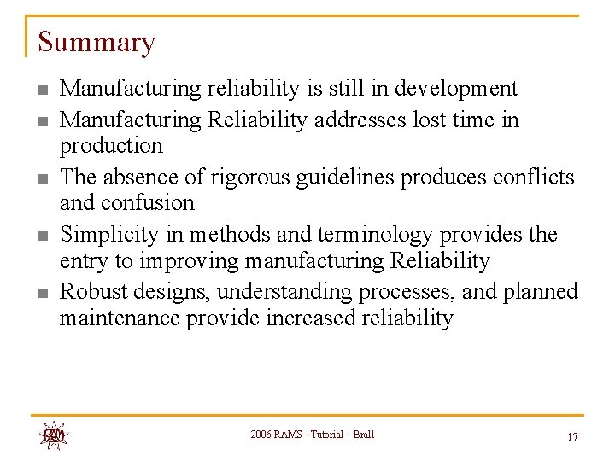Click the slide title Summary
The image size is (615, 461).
pyautogui.click(x=97, y=42)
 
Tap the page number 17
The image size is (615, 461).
pyautogui.click(x=572, y=437)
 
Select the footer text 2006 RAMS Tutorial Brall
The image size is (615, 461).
pyautogui.click(x=312, y=435)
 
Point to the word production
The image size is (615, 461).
pyautogui.click(x=110, y=146)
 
